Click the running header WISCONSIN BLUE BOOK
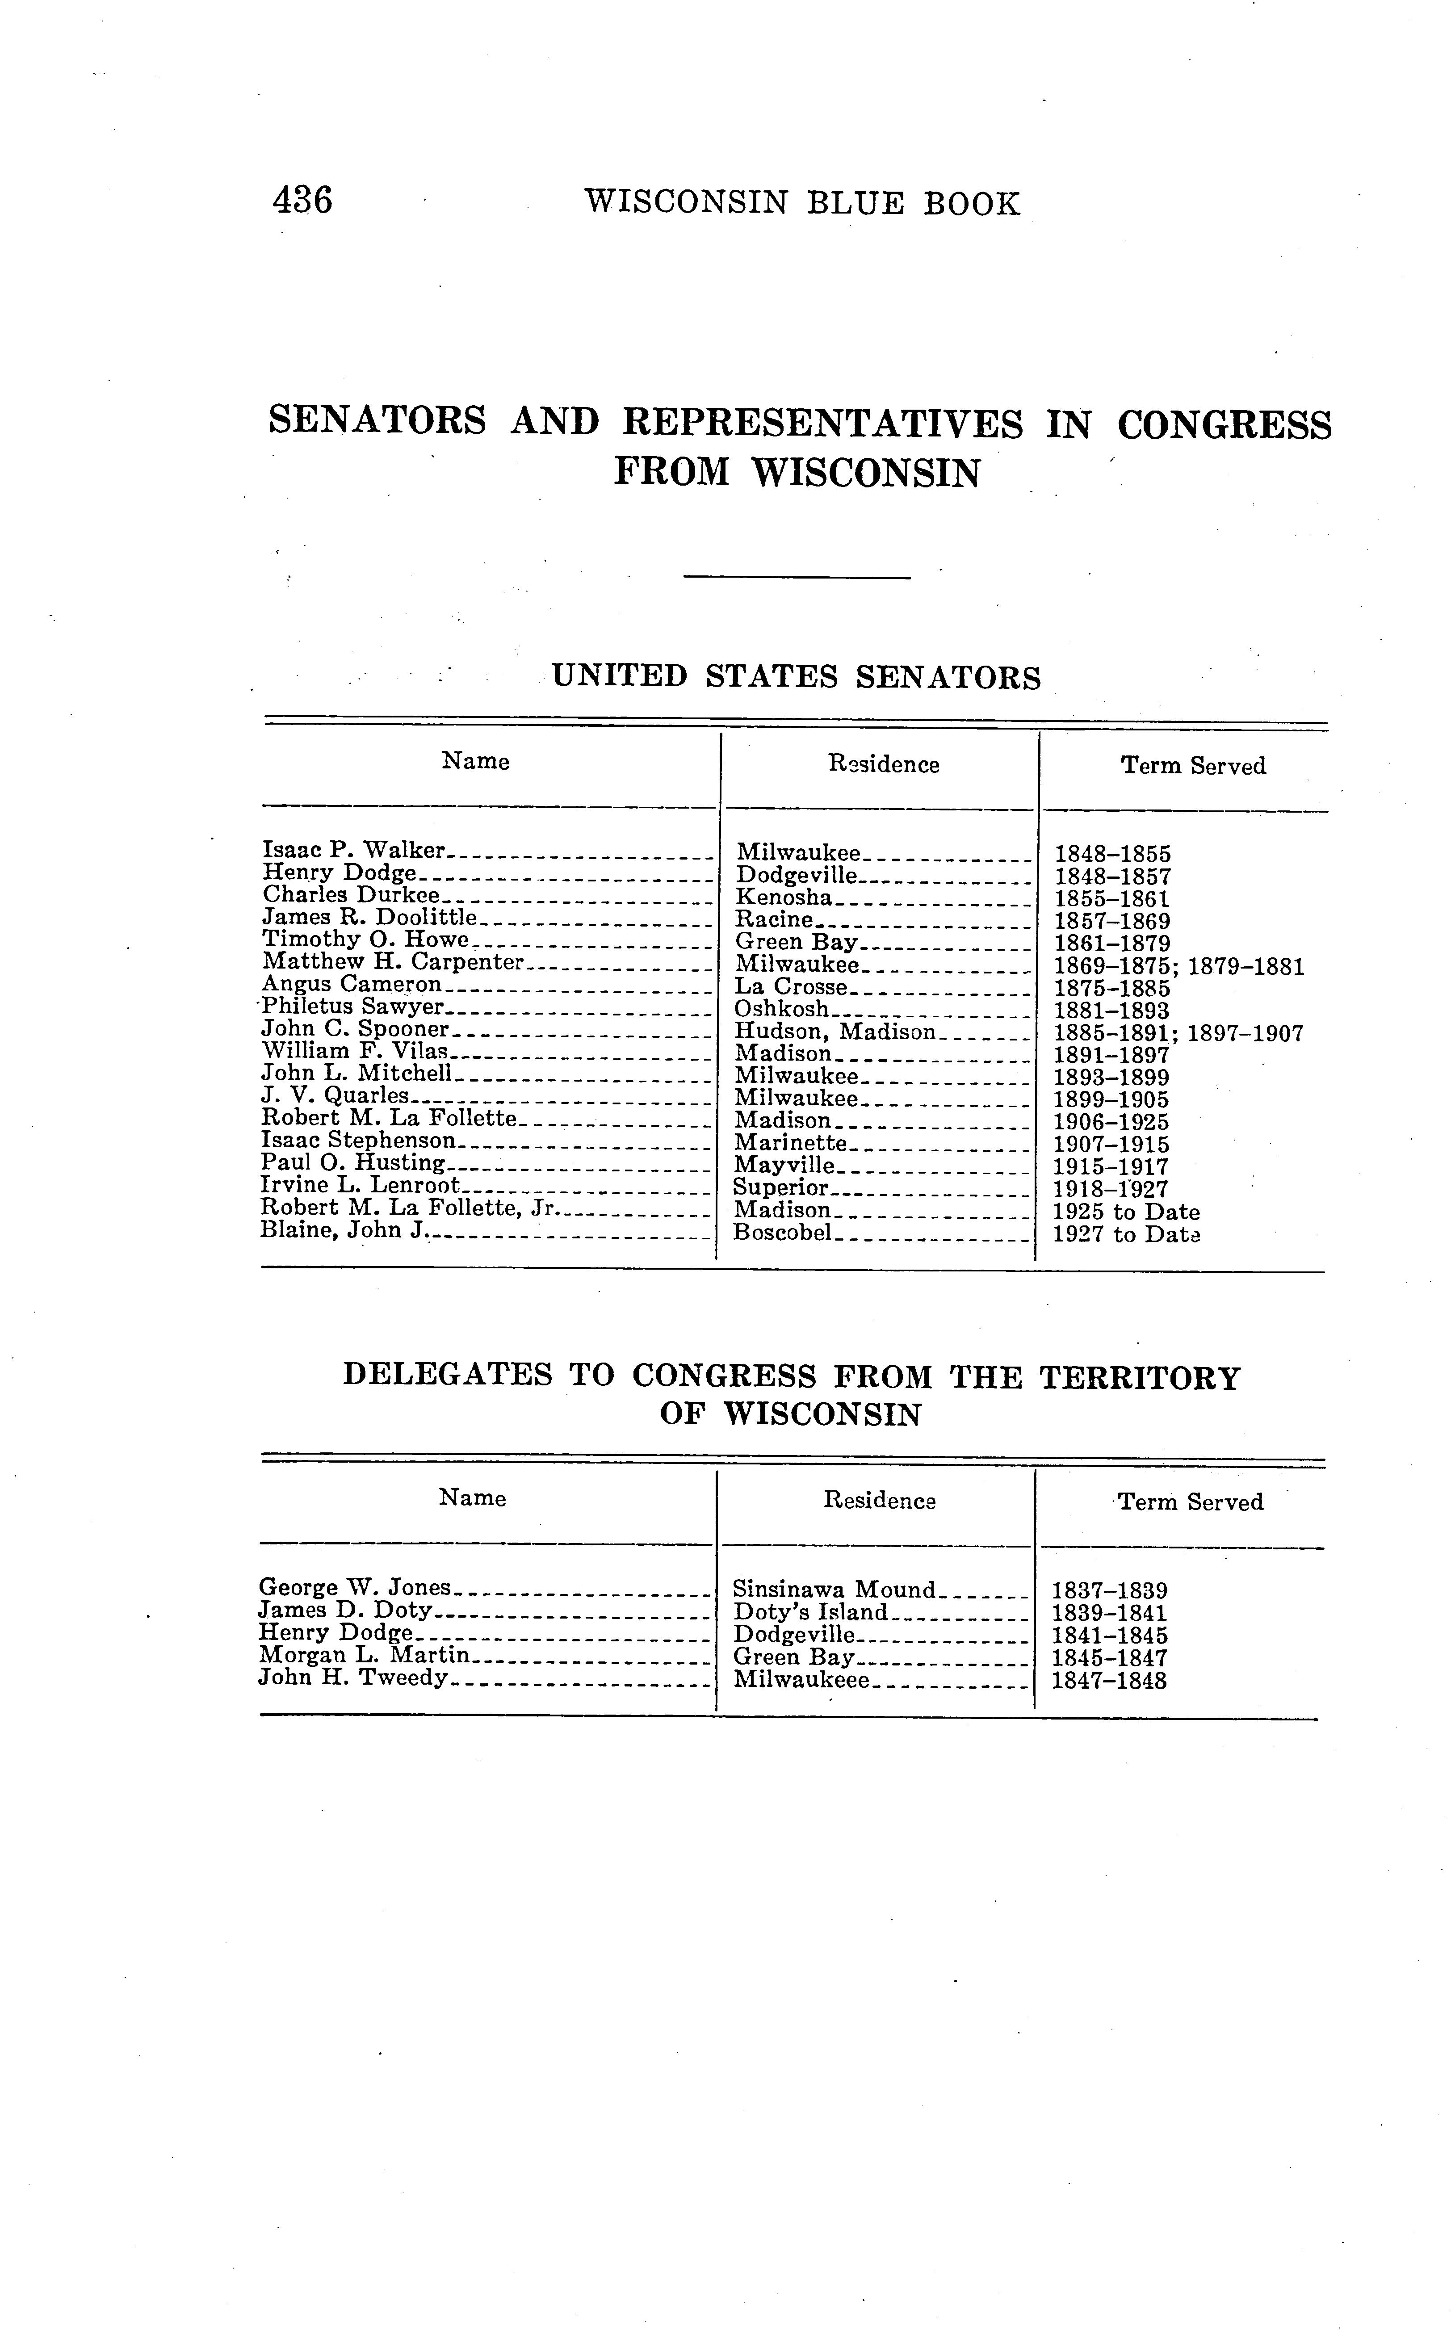pos(802,203)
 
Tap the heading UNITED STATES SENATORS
pos(797,678)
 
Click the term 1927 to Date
pos(1127,1235)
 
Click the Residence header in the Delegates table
pos(879,1501)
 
